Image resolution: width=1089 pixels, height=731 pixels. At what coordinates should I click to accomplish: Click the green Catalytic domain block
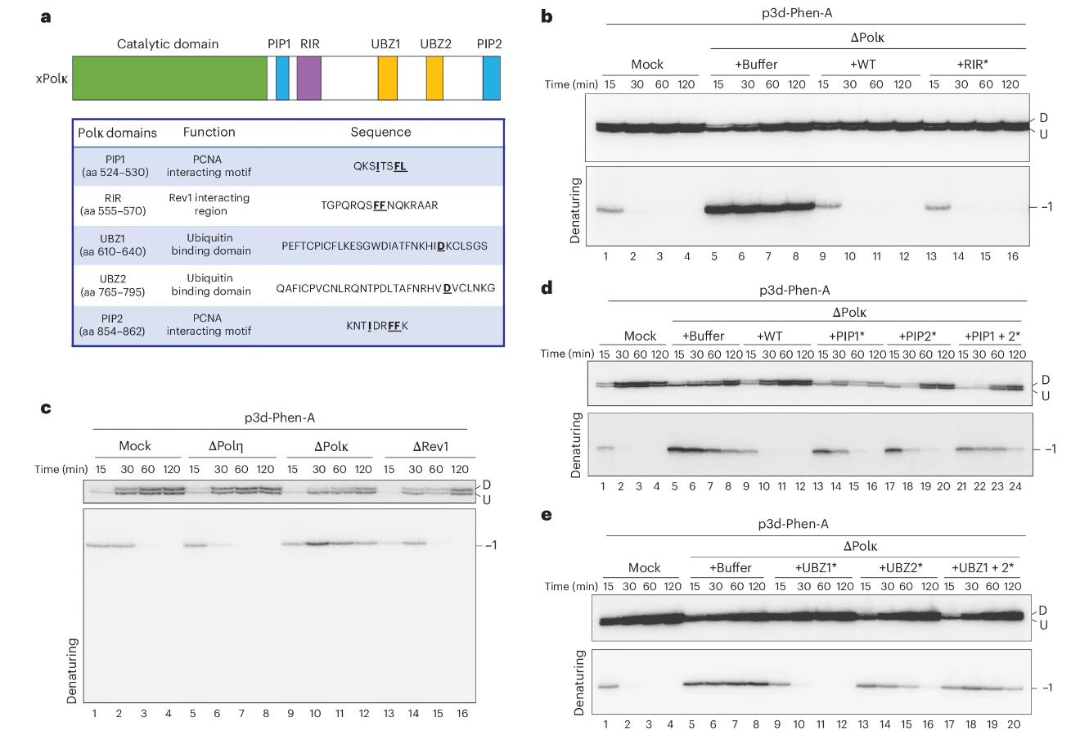169,79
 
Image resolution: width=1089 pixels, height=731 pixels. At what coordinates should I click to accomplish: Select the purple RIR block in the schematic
309,79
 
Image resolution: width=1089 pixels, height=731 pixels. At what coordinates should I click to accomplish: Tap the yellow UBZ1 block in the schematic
387,79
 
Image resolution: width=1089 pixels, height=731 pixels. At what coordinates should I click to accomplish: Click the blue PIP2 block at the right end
491,79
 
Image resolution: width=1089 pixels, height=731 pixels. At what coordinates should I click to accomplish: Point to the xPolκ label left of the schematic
51,79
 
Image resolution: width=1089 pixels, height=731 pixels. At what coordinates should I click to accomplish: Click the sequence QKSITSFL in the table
380,166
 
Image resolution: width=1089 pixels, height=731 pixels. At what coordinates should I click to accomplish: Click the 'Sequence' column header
380,132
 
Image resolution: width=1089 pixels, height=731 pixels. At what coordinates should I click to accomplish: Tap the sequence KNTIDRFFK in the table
377,325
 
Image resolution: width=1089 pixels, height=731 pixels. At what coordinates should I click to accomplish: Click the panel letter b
547,16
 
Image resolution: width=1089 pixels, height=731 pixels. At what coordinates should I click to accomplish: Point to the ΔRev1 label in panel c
430,446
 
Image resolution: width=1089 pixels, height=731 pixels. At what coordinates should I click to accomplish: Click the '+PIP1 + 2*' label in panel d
992,336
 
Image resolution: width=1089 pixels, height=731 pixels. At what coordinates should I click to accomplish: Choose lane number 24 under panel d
1015,485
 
